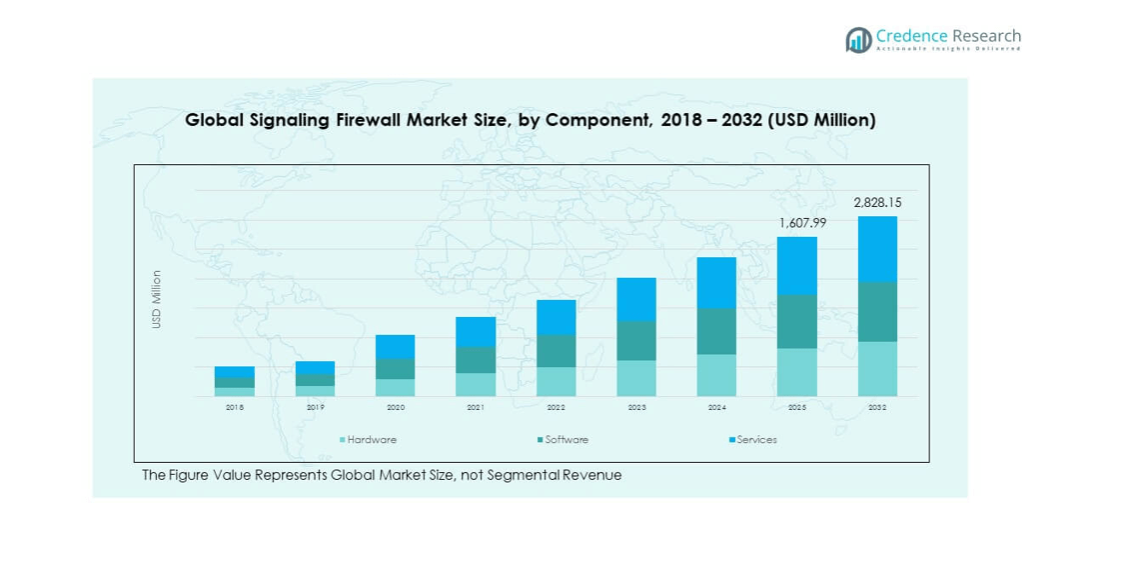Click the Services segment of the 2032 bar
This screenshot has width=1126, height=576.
point(877,249)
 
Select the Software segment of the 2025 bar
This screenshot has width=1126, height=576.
point(797,321)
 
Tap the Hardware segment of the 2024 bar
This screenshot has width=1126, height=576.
point(716,375)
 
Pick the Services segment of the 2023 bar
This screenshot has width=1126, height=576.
point(636,299)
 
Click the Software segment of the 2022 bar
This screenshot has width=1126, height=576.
point(556,351)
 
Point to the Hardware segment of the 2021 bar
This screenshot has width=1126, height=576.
point(476,384)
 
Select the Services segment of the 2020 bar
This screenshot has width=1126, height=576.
point(395,347)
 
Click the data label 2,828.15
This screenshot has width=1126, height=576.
point(877,203)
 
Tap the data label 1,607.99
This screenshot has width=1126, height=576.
point(797,223)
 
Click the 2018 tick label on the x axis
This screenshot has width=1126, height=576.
point(235,408)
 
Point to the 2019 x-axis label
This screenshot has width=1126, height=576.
point(315,408)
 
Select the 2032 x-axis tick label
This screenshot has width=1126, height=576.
point(877,408)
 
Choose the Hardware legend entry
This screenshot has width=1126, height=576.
point(371,440)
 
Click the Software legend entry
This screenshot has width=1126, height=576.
point(565,440)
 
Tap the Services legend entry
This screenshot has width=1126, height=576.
point(755,440)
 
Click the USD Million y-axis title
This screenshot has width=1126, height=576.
point(157,299)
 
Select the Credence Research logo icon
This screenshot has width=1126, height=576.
point(858,40)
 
